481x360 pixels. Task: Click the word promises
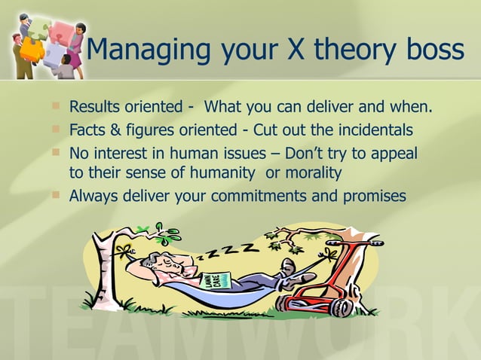point(372,196)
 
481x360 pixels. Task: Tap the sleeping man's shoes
point(290,272)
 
